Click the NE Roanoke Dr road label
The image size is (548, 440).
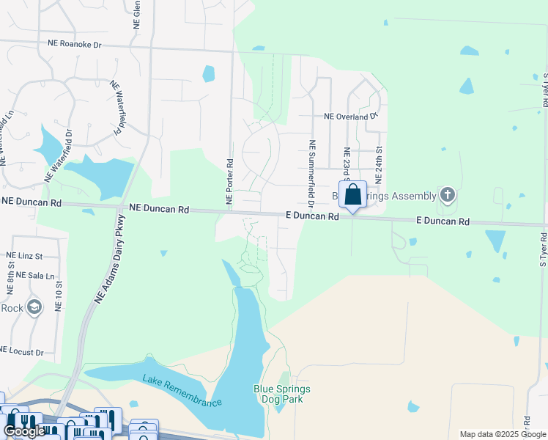[74, 45]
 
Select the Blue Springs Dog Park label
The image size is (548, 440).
[282, 394]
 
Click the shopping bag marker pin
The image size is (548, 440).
[352, 196]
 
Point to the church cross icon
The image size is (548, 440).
[448, 195]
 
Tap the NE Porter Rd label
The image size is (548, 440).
[229, 181]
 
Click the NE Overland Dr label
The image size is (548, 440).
[350, 116]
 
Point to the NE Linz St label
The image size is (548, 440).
[25, 255]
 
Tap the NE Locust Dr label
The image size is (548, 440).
[22, 352]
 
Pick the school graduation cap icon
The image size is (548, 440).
[34, 307]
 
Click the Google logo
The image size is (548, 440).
[24, 432]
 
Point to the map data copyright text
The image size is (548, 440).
[503, 434]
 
